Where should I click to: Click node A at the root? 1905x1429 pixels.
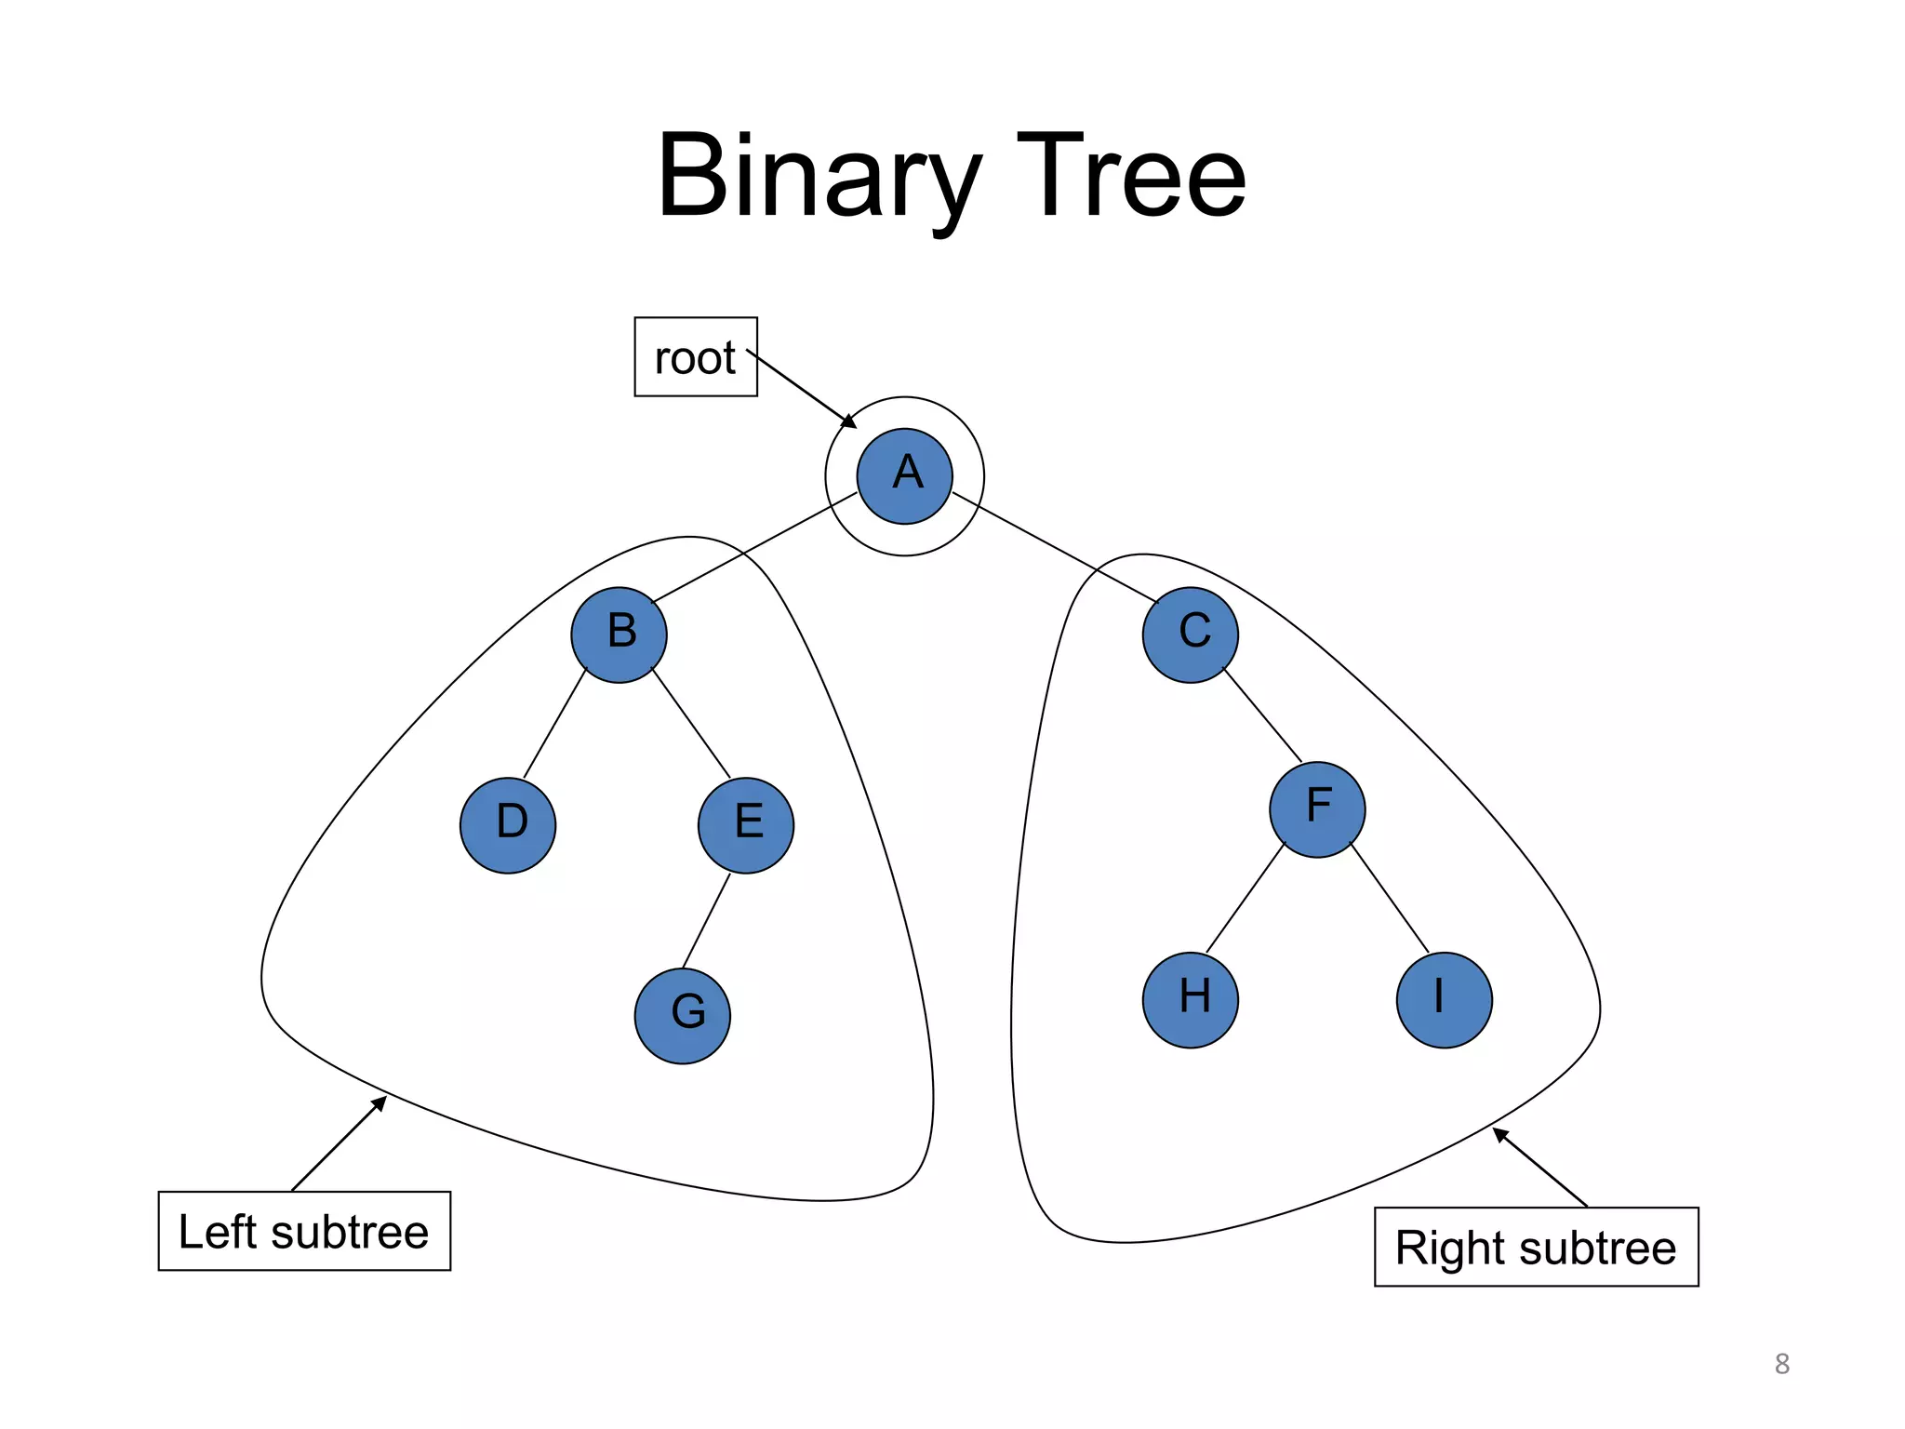click(x=904, y=476)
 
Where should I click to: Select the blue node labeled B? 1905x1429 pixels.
click(x=619, y=635)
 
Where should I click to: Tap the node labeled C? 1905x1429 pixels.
click(x=1191, y=635)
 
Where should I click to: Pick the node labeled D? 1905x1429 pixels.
click(x=508, y=825)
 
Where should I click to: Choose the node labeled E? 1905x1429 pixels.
click(x=746, y=825)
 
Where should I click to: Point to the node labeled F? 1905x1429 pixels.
click(x=1317, y=809)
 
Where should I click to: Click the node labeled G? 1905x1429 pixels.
click(x=683, y=1016)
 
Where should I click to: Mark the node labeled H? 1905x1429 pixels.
click(x=1191, y=1000)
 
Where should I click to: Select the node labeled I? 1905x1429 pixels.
click(x=1445, y=1000)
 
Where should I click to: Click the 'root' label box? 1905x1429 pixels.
click(x=696, y=357)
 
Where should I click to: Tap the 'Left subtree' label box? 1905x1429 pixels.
click(x=304, y=1231)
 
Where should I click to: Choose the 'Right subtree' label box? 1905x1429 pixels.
click(x=1537, y=1247)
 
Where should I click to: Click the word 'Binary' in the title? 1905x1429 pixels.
click(x=819, y=177)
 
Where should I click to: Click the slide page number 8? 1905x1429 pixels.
click(x=1782, y=1364)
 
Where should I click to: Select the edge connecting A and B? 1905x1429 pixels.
click(x=754, y=548)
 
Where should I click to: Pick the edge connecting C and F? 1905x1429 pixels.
click(x=1262, y=714)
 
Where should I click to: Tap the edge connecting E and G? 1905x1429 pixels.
click(x=706, y=921)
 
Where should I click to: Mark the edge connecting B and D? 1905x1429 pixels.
click(x=555, y=724)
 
